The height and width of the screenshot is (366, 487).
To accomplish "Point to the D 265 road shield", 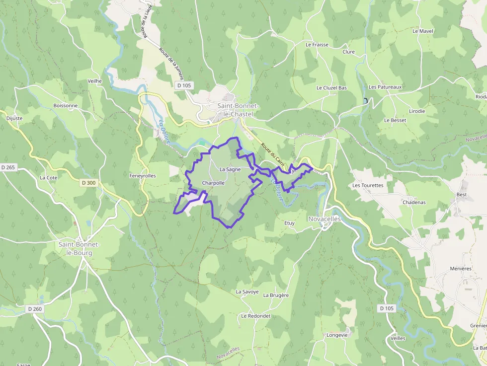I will (8, 167).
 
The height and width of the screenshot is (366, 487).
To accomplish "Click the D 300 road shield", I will (88, 183).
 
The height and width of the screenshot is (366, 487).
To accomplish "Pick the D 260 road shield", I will (35, 309).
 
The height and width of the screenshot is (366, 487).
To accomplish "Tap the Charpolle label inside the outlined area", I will (214, 183).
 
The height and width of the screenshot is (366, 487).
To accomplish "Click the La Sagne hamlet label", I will (230, 169).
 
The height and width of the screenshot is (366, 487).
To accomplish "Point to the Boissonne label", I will (65, 106).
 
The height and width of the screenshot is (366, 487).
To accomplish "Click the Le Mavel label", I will (423, 31).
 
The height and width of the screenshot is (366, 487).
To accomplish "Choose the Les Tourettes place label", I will (368, 185).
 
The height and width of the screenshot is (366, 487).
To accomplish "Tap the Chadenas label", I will (414, 202).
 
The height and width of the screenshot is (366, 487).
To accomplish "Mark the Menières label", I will (460, 269).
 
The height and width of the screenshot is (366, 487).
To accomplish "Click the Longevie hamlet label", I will (337, 335).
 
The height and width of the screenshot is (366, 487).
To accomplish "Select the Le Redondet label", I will (255, 316).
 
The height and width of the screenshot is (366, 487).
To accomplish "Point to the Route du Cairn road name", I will (272, 154).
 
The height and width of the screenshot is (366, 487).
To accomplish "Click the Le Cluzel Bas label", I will (331, 88).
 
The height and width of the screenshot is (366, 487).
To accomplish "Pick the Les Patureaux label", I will (385, 87).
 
